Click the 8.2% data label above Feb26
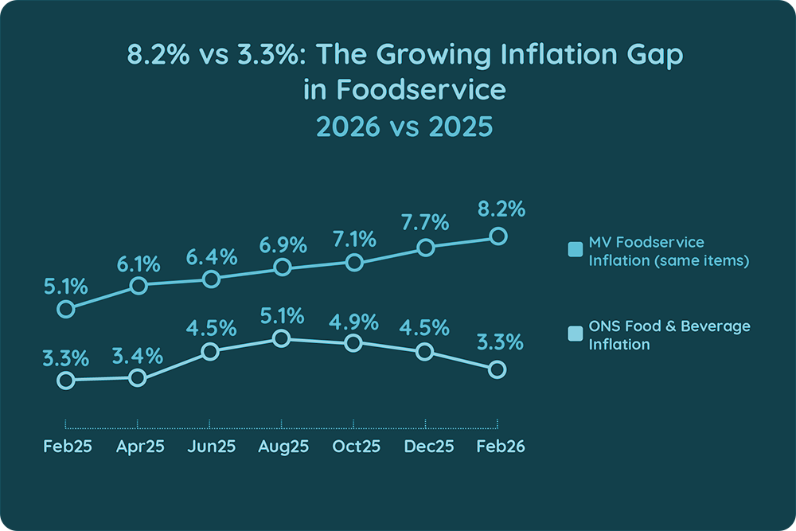[x=501, y=210]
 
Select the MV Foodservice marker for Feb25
[x=66, y=309]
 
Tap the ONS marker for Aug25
[x=281, y=339]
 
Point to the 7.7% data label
[x=427, y=222]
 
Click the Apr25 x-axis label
[x=140, y=447]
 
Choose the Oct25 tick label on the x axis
[x=356, y=447]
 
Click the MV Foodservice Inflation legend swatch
[x=576, y=250]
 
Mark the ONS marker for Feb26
[x=497, y=369]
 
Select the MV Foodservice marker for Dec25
[x=426, y=248]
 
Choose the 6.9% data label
[x=283, y=245]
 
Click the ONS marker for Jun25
[x=210, y=352]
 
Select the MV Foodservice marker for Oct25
[x=354, y=262]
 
